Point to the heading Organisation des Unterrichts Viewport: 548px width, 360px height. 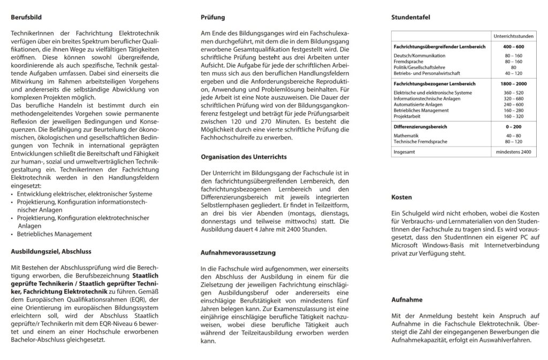pos(243,157)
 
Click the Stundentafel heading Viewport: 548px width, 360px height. pos(411,17)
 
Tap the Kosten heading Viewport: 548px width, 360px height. pos(401,197)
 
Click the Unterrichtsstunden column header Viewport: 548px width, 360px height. pos(513,35)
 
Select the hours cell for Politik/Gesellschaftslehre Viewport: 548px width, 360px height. pos(513,67)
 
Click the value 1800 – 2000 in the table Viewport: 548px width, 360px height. pos(513,85)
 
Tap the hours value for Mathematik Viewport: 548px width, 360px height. pos(513,136)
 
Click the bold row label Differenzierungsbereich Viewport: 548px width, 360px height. pos(420,127)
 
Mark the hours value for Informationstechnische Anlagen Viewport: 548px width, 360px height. pos(513,98)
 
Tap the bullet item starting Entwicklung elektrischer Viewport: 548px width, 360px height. pos(77,194)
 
